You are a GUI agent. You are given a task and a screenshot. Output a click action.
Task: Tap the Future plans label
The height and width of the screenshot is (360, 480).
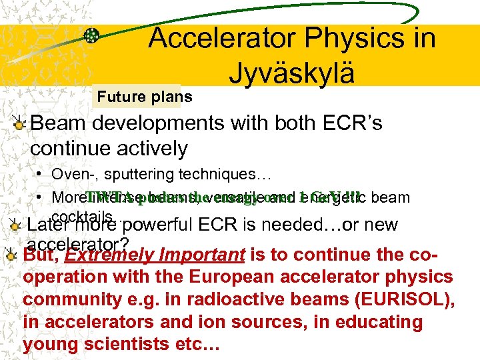145,97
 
